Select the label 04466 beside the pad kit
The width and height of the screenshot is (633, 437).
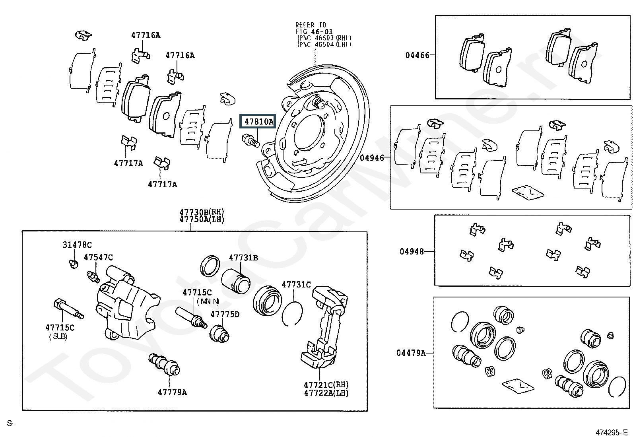(x=417, y=55)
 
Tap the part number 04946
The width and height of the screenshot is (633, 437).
(x=372, y=158)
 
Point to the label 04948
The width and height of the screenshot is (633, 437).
(x=412, y=252)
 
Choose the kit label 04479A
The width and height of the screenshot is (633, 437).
(x=411, y=353)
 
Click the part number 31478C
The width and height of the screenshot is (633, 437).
(x=77, y=245)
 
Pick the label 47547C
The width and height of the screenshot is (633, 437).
(x=98, y=258)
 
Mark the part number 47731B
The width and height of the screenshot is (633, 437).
(x=243, y=258)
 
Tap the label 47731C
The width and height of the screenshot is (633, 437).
(x=296, y=285)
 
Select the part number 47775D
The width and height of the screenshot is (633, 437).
(x=225, y=314)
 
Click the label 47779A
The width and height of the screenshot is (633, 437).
(x=172, y=392)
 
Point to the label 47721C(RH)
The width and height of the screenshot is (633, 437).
(x=326, y=385)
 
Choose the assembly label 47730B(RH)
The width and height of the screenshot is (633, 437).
(x=202, y=212)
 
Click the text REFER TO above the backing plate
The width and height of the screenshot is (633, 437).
(x=311, y=25)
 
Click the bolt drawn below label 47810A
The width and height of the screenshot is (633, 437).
(x=250, y=140)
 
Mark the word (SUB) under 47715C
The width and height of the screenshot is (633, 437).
(x=58, y=337)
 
